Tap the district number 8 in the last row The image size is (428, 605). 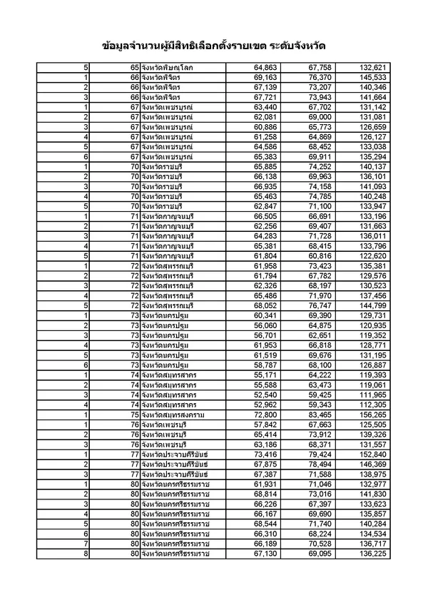coord(86,552)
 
